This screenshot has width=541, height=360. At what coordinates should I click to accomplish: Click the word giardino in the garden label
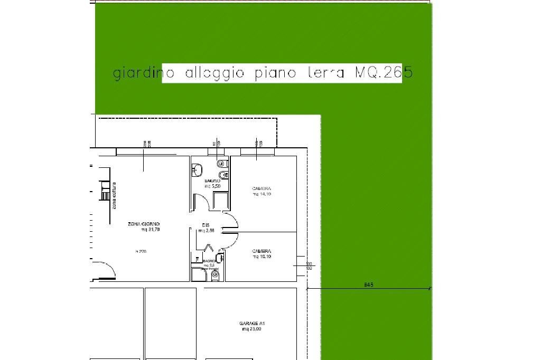[x=137, y=73]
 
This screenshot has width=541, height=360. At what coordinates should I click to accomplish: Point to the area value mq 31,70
[x=151, y=230]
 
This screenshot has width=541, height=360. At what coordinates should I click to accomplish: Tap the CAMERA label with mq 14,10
[x=262, y=188]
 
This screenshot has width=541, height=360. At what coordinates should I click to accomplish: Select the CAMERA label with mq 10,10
[x=262, y=251]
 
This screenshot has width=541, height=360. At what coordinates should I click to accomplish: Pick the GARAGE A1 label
[x=251, y=323]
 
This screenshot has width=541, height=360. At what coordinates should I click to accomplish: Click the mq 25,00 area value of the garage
[x=251, y=329]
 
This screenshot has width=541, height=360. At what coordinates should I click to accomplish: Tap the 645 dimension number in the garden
[x=369, y=285]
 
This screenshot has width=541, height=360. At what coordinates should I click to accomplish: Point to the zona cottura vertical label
[x=113, y=195]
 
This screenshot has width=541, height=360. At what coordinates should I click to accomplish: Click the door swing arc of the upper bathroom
[x=201, y=200]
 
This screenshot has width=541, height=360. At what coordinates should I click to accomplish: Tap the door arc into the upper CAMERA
[x=232, y=219]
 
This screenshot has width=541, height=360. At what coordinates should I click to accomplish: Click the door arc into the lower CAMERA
[x=232, y=241]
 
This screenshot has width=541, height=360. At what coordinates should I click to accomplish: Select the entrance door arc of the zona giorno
[x=106, y=268]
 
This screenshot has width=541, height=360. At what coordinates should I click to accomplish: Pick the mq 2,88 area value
[x=206, y=231]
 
